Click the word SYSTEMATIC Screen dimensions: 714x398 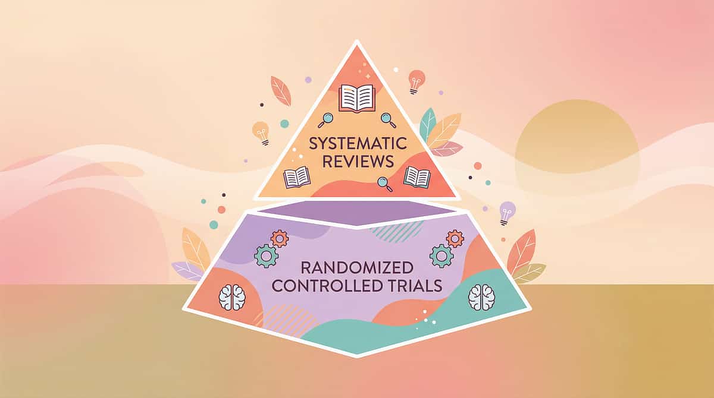click(x=358, y=143)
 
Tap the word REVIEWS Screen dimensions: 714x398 click(x=358, y=162)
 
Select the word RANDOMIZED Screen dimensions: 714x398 click(x=357, y=268)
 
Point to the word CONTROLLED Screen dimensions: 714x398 click(x=327, y=286)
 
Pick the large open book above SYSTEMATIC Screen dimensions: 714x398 click(x=357, y=98)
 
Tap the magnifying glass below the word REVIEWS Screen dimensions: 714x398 click(x=385, y=184)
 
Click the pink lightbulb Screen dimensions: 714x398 click(x=416, y=82)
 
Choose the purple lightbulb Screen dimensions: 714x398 click(x=507, y=213)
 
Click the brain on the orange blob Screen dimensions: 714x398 click(x=232, y=297)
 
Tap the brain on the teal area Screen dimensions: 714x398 click(x=481, y=297)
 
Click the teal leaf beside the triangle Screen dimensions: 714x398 click(x=427, y=125)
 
